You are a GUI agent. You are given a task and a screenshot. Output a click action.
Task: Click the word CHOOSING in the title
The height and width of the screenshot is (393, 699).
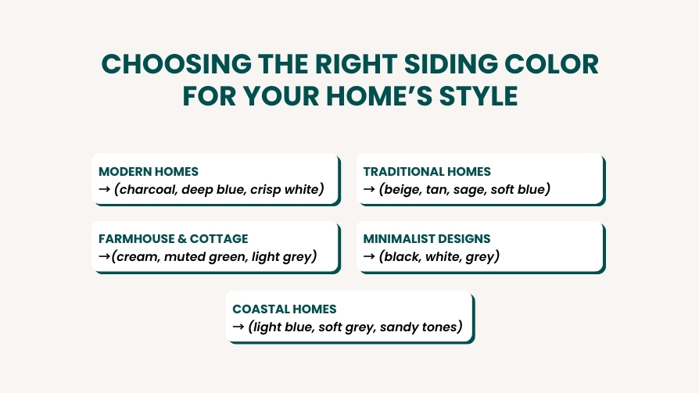click(x=177, y=64)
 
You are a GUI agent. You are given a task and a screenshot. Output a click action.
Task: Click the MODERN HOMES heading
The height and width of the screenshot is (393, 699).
click(x=149, y=172)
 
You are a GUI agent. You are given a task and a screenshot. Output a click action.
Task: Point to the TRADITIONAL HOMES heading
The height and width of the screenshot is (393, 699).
click(x=427, y=172)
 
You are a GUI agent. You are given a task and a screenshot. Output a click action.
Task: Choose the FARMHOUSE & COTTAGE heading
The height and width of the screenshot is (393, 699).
click(x=173, y=239)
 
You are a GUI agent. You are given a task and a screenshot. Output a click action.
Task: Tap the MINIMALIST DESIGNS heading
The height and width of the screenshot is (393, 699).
click(x=427, y=239)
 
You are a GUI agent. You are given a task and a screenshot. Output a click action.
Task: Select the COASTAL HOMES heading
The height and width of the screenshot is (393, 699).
click(x=285, y=309)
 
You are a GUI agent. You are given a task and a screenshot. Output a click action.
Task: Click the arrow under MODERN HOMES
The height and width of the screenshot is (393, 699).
click(x=104, y=189)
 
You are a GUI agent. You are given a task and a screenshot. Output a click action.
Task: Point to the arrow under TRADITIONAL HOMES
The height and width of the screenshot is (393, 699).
click(x=369, y=189)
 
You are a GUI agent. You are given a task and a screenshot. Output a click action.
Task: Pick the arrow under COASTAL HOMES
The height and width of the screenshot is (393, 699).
click(x=238, y=327)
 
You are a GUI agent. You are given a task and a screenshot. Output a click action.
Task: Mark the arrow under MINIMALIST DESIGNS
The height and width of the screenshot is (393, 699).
click(x=369, y=256)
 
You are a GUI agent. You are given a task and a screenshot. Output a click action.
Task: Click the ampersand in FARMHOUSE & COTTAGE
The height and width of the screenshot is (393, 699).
click(x=182, y=239)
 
